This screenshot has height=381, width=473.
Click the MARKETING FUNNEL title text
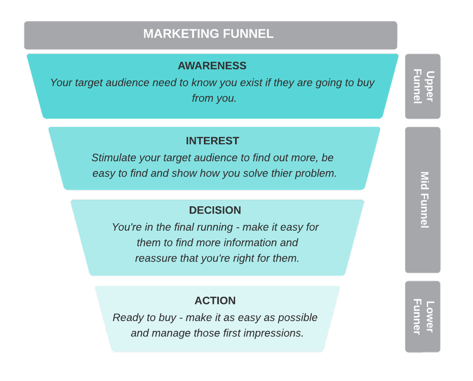click(208, 34)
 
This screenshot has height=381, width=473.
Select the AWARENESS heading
click(212, 65)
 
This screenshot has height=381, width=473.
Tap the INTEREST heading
click(212, 141)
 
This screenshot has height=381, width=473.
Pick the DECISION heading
click(215, 210)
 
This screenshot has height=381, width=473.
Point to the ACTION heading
click(215, 301)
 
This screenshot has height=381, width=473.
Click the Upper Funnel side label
click(423, 86)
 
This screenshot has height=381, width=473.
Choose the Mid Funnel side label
click(424, 200)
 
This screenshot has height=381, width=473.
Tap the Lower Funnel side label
click(423, 317)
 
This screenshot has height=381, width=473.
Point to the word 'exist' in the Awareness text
click(251, 82)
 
